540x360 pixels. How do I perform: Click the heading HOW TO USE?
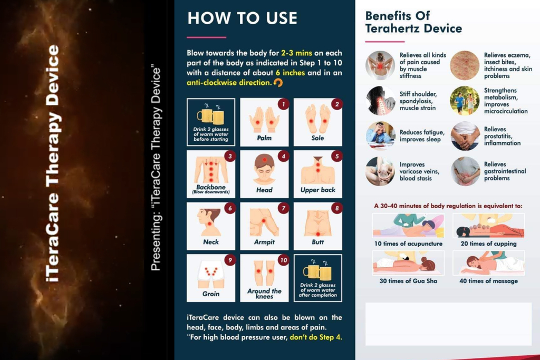[x=242, y=18]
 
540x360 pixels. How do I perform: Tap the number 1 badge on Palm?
[x=283, y=104]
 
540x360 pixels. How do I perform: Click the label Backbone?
[x=211, y=187]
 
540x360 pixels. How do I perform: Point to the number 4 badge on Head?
[x=283, y=156]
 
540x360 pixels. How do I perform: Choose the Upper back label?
[x=317, y=190]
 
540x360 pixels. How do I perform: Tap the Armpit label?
[x=264, y=242]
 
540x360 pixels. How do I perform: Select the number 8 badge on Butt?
[x=336, y=208]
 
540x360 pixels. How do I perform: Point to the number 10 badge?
[x=283, y=260]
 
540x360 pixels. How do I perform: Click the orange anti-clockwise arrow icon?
[x=278, y=83]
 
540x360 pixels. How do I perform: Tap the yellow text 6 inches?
[x=290, y=73]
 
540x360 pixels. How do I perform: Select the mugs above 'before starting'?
[x=211, y=114]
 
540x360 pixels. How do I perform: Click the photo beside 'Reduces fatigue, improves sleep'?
[x=380, y=135]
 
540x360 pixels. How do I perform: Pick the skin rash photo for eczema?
[x=465, y=65]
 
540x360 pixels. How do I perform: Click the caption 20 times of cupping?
[x=488, y=244]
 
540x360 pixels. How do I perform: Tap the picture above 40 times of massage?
[x=488, y=263]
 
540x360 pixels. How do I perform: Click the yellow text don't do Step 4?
[x=316, y=337]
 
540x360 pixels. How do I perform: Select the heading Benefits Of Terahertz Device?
[x=413, y=22]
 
